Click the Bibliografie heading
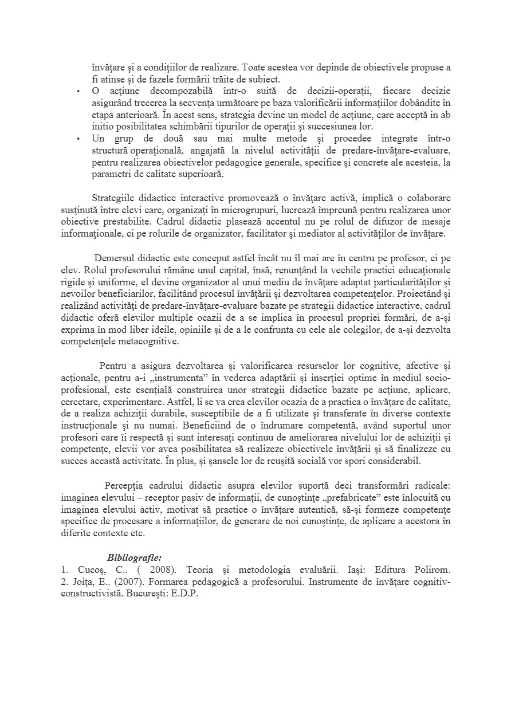[x=135, y=557]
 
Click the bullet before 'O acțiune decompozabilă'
[x=78, y=91]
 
